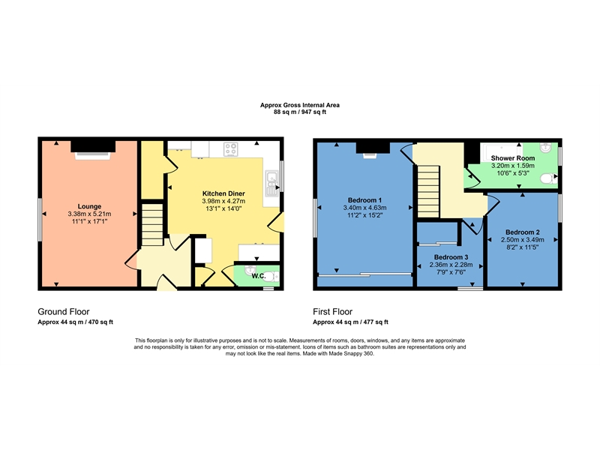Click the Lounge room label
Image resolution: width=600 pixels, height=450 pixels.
click(89, 207)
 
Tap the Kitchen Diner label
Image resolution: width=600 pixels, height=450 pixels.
click(223, 193)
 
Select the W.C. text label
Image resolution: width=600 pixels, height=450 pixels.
click(258, 276)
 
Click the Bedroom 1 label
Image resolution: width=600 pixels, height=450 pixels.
click(364, 200)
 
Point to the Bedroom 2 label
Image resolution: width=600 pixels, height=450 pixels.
click(522, 232)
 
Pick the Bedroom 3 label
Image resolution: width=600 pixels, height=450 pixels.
click(451, 257)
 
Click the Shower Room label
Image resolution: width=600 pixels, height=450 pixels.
click(513, 158)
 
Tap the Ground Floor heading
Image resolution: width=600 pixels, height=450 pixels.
click(64, 311)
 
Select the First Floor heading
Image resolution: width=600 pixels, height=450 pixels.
click(332, 311)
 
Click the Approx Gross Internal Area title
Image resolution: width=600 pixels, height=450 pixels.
click(299, 105)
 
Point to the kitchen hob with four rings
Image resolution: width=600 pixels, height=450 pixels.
click(231, 148)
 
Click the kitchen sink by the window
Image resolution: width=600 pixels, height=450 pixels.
click(272, 183)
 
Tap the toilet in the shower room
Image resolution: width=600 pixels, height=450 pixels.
click(549, 178)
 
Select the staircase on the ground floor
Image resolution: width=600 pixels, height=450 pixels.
click(152, 225)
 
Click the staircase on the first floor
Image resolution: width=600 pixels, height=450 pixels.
click(428, 191)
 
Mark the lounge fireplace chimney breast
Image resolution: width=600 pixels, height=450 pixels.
click(93, 146)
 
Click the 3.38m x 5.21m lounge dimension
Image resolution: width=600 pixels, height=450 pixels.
click(89, 214)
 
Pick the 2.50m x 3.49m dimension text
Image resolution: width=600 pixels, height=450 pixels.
click(522, 240)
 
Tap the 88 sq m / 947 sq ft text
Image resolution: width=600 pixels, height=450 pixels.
click(299, 112)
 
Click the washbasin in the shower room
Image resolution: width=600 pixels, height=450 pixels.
click(546, 148)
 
